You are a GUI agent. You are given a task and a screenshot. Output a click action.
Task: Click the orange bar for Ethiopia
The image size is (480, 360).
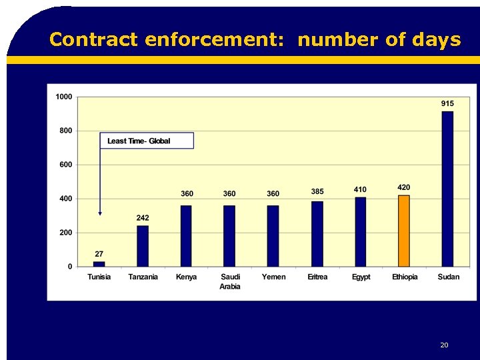pos(403,231)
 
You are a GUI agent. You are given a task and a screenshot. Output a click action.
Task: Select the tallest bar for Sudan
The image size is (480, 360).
pos(447,189)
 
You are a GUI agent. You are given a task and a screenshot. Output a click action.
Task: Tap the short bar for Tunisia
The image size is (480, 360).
pos(99,264)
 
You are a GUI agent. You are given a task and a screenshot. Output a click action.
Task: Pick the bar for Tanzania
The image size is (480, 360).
pos(143,246)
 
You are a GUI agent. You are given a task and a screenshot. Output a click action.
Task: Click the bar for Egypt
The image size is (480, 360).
pos(360,232)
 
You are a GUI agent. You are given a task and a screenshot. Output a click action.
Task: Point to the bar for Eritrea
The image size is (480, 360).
pos(317,234)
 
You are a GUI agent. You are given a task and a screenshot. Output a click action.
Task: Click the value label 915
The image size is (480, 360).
pos(447,103)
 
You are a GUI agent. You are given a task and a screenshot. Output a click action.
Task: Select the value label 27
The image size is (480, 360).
pos(99,254)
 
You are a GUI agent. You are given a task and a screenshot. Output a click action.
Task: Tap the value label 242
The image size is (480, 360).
pos(143,218)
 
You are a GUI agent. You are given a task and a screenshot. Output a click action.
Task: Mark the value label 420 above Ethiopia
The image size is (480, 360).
pos(403,187)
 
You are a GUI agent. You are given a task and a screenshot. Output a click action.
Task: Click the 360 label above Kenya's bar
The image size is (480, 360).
pos(187,194)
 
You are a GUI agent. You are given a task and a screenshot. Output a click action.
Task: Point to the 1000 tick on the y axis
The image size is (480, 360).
pos(64,97)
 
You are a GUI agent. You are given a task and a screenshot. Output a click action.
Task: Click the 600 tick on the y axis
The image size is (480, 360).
pos(66,165)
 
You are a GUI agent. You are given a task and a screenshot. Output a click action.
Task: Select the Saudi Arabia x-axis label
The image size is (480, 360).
pos(230,281)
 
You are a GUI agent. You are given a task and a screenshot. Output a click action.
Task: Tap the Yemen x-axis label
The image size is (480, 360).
pos(273,277)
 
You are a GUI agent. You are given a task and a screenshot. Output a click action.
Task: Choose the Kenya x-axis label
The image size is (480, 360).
pos(186,277)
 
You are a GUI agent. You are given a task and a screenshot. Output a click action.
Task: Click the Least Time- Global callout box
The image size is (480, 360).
pos(147,141)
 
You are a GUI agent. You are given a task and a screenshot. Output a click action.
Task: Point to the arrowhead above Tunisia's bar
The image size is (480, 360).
pos(100,213)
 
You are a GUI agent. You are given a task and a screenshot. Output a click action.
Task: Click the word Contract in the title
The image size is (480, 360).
pos(93,40)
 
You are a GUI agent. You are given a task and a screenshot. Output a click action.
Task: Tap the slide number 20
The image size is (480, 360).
pos(444,345)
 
